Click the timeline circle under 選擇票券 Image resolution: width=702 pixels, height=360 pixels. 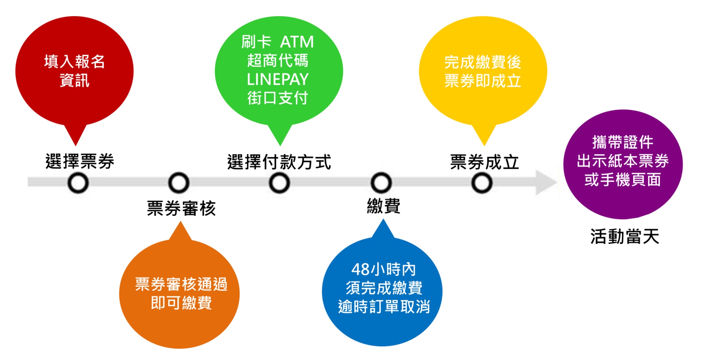tap(78, 183)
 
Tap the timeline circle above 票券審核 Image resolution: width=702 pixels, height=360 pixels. tap(179, 183)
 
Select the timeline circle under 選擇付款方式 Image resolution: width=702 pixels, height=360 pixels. tap(279, 183)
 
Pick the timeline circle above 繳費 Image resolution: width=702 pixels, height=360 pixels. tap(381, 183)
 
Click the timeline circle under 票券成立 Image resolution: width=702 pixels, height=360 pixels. tap(482, 183)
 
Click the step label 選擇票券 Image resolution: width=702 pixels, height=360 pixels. tap(80, 162)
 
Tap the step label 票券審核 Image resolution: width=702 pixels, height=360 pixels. tap(181, 208)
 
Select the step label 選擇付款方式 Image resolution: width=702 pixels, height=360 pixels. tap(279, 162)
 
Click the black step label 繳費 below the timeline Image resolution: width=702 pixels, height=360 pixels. tap(383, 206)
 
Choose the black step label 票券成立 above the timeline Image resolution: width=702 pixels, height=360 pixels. tap(484, 162)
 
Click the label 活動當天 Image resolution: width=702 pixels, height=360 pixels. tap(624, 236)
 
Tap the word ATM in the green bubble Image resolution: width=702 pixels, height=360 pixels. tap(297, 42)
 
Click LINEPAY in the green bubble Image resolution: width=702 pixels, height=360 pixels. tap(278, 79)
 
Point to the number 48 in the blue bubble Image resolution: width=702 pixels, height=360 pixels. tap(360, 270)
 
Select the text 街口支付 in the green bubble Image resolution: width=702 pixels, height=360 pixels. tap(278, 98)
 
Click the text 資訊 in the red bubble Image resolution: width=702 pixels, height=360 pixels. tap(74, 80)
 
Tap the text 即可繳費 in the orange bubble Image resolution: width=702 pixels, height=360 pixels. tap(181, 303)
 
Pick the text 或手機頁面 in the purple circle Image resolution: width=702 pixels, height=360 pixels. tap(623, 180)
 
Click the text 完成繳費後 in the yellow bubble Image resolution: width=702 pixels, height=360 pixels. tap(483, 63)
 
